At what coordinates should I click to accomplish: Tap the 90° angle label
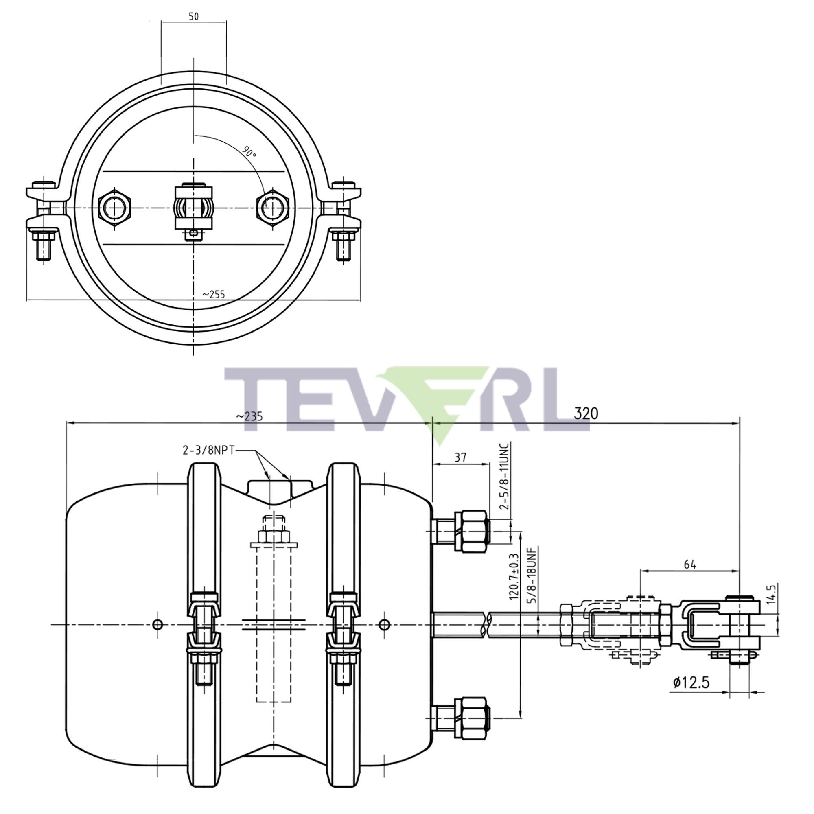click(249, 152)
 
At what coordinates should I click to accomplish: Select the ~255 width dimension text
click(214, 295)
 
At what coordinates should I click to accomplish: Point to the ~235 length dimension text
click(249, 416)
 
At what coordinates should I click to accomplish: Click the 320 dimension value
click(586, 414)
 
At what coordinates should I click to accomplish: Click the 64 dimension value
click(690, 565)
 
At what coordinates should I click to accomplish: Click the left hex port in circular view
click(115, 208)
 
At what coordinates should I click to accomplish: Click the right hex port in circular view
click(273, 208)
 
